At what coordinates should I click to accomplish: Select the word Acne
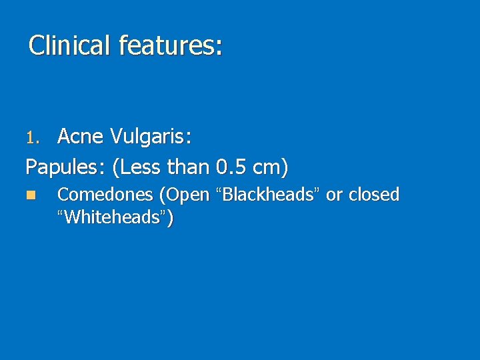[80, 137]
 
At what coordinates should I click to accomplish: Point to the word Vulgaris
[149, 137]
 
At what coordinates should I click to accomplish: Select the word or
[334, 195]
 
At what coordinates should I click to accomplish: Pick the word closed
[374, 195]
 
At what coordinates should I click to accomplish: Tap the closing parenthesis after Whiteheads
[171, 218]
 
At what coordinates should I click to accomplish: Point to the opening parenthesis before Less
[117, 167]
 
